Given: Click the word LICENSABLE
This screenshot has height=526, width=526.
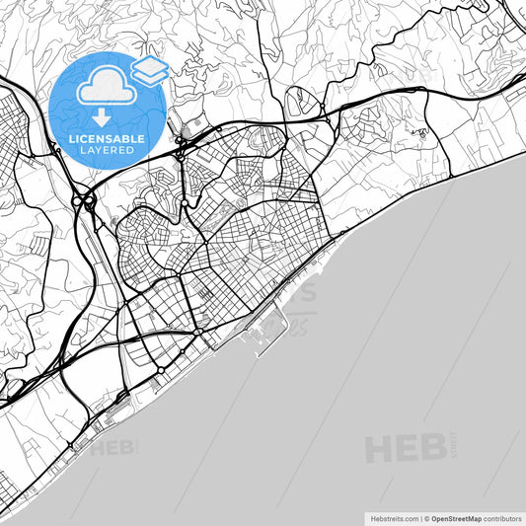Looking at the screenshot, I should [x=106, y=139].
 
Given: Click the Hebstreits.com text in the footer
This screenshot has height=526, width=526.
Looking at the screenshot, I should [x=393, y=517].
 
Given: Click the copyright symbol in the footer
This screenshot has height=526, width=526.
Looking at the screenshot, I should [x=425, y=517].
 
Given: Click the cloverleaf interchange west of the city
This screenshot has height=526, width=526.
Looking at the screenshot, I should [x=85, y=201].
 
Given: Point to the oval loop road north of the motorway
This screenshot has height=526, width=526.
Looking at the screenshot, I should [x=301, y=101].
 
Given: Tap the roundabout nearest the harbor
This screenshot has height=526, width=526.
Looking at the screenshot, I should [x=198, y=335].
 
